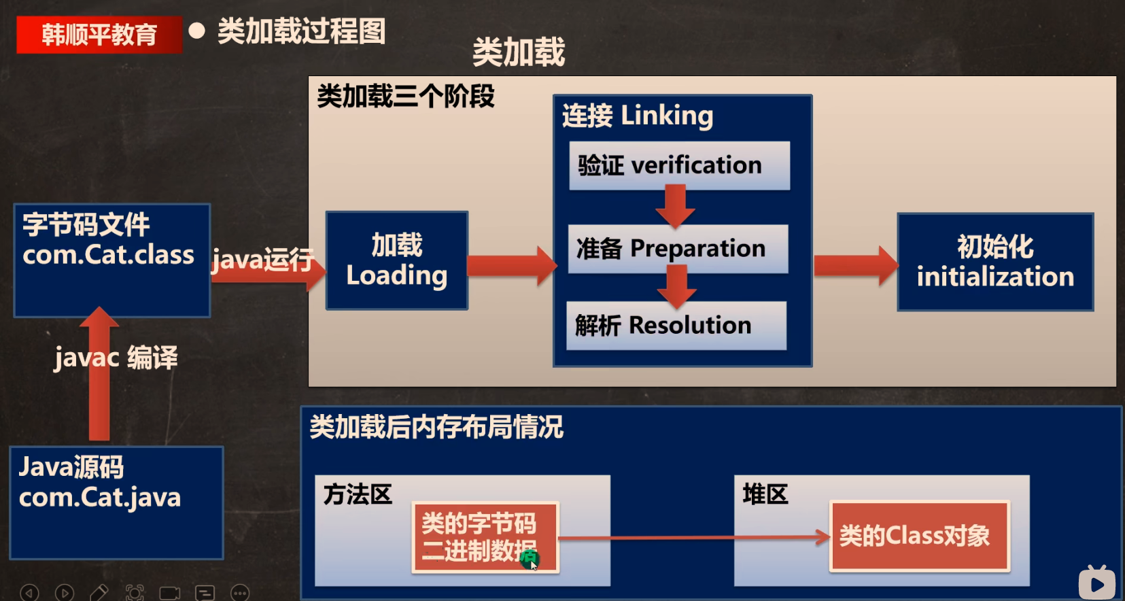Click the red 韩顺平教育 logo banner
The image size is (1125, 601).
(99, 34)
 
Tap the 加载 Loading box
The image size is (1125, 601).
(397, 260)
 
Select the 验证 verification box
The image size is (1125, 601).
(679, 165)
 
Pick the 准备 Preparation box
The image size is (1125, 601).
(678, 249)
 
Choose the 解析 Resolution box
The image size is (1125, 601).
(676, 326)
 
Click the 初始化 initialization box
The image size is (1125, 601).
(995, 262)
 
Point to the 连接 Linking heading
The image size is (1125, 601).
(638, 116)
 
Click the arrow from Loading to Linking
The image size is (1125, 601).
(513, 266)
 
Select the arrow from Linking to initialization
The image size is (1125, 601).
(856, 266)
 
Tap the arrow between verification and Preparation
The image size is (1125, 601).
(676, 206)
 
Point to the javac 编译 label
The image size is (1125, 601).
(116, 358)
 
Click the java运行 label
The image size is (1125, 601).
(262, 260)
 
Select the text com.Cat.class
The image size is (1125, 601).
(108, 255)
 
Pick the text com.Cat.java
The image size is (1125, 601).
(99, 498)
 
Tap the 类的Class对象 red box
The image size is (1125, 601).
(919, 536)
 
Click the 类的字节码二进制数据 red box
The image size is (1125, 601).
(485, 537)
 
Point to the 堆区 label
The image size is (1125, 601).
(765, 494)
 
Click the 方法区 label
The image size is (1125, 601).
(358, 494)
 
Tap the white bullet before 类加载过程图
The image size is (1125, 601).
(197, 31)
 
